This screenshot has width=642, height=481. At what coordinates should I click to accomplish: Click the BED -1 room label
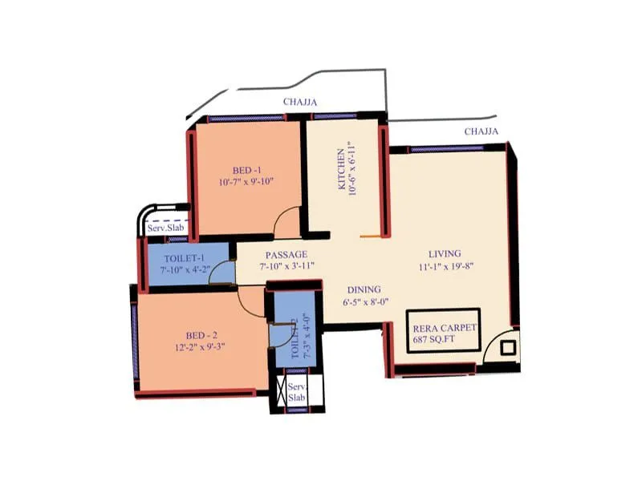point(248,170)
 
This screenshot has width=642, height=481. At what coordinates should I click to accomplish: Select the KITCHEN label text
point(341,169)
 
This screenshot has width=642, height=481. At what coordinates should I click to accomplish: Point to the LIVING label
point(444,253)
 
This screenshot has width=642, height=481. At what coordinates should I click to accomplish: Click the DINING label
point(364,289)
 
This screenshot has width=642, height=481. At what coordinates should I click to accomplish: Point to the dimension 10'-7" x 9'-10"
point(247,182)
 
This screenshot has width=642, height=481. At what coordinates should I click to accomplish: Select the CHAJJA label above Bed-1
point(300,103)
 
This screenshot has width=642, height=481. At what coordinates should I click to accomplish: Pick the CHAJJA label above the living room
point(481,131)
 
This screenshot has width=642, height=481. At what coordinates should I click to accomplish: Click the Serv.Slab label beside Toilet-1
point(167,228)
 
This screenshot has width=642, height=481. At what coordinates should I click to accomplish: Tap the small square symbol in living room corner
point(507,347)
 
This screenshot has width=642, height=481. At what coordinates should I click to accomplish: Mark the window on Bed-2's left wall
point(134,342)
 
